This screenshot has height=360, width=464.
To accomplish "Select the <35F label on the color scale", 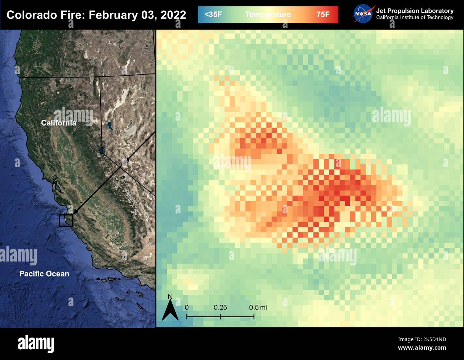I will click(x=213, y=15).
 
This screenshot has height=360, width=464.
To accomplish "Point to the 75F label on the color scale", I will click(x=323, y=15).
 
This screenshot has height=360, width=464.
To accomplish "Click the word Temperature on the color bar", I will click(x=268, y=15).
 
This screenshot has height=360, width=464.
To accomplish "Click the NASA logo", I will click(x=363, y=14).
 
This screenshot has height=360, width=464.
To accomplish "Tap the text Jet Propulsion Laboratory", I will click(x=415, y=11).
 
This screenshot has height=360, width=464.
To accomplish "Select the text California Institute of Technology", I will click(x=415, y=17).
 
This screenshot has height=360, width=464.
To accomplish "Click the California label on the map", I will click(x=59, y=123).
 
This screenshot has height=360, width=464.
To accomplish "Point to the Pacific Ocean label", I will click(x=44, y=274).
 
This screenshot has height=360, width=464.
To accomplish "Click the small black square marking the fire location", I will click(x=66, y=220).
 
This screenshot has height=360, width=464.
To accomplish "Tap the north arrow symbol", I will click(x=170, y=310).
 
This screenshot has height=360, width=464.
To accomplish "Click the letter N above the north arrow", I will click(x=170, y=296).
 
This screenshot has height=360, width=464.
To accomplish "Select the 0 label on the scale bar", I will click(x=187, y=308).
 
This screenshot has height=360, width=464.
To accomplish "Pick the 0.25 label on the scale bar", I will click(x=220, y=308).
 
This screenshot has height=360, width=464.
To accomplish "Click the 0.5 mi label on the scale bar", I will click(x=258, y=308).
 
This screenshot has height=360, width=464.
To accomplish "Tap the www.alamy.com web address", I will click(x=422, y=348).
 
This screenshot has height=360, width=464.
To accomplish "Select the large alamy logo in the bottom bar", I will click(x=36, y=344).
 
